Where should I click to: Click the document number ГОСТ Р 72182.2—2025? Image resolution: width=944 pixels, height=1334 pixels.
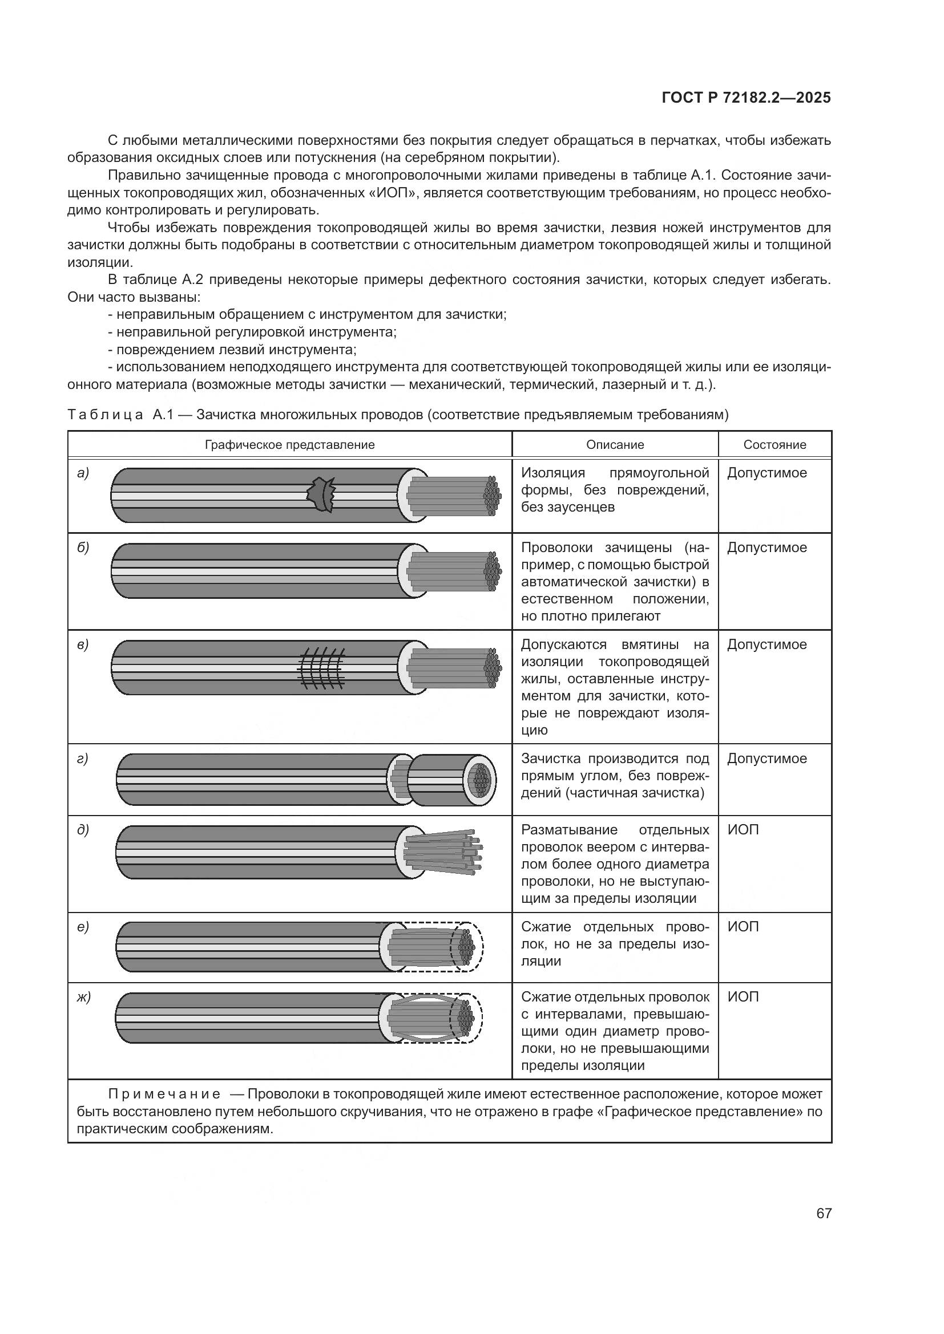tap(746, 98)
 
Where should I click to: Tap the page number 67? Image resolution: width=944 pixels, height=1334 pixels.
tap(824, 1213)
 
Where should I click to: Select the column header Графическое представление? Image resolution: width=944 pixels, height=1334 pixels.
tap(289, 444)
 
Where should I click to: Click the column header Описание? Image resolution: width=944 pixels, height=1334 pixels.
tap(615, 444)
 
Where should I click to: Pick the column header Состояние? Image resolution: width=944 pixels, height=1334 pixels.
tap(774, 444)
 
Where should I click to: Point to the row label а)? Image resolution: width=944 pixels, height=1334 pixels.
tap(83, 473)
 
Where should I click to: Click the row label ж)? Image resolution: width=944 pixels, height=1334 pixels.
tap(84, 997)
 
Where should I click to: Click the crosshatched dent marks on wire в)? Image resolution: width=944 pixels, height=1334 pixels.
tap(322, 668)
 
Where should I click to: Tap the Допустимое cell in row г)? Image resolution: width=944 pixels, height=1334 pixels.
tap(767, 759)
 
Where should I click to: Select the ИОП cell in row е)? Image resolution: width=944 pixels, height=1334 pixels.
tap(743, 927)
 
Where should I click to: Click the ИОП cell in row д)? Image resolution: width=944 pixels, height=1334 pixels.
tap(743, 830)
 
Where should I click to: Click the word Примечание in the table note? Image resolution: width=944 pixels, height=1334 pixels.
tap(164, 1094)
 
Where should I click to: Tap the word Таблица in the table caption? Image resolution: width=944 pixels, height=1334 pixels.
tap(105, 415)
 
